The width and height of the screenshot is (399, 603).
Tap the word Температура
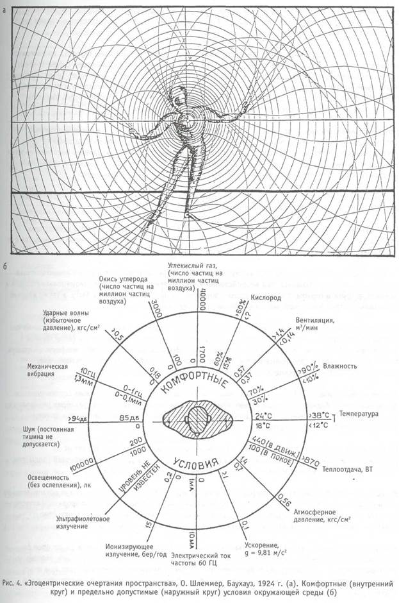click(x=359, y=414)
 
